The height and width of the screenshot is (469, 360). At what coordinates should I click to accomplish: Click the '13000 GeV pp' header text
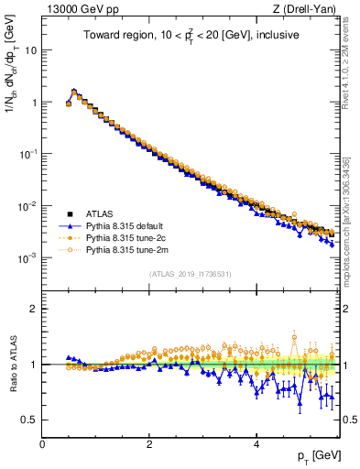coord(75,10)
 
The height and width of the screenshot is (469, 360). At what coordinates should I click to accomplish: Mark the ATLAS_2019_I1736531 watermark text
coord(190,274)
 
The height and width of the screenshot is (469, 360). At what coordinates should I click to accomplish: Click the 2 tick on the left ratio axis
coord(34,309)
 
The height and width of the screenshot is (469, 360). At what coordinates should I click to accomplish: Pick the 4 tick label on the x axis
coord(256,444)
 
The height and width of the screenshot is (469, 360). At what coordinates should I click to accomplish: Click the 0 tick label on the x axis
coord(42,444)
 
